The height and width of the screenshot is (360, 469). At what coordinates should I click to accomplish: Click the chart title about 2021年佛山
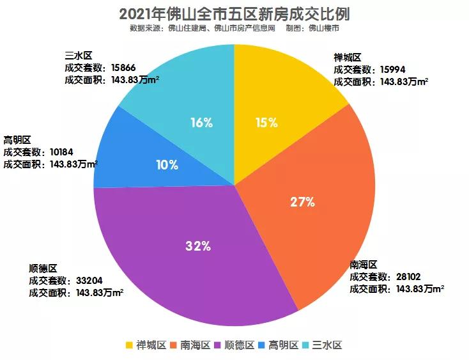(234, 13)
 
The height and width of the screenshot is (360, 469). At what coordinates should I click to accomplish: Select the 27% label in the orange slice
(302, 202)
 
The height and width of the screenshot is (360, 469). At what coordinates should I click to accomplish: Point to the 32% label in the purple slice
(198, 246)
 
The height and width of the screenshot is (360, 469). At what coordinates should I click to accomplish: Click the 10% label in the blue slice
(167, 165)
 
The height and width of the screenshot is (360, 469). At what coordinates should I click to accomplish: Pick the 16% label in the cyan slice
(201, 123)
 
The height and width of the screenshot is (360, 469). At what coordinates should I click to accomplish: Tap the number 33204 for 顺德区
(89, 280)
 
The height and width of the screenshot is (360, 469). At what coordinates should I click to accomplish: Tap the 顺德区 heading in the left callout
(43, 268)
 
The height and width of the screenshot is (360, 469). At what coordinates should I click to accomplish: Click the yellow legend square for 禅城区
(129, 345)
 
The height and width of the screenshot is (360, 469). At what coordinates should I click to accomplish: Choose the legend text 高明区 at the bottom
(284, 345)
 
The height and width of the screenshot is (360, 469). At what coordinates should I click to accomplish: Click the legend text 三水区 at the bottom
(328, 345)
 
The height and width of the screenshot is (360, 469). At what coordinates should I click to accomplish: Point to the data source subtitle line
(234, 29)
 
